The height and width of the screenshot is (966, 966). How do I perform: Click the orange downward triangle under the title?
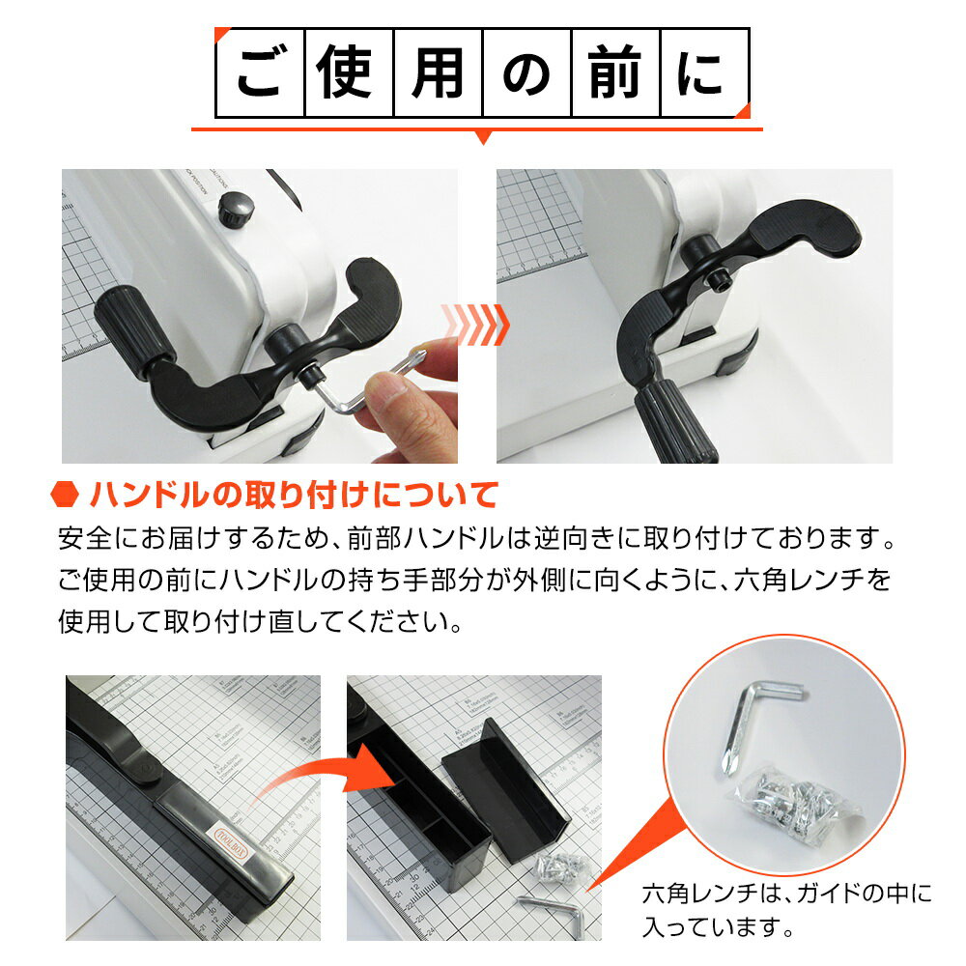click(483, 138)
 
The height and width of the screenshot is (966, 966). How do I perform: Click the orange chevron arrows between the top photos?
click(475, 325)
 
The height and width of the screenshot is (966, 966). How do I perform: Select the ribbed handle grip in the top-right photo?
click(676, 415)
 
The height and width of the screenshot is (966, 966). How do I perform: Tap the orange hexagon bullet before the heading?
click(65, 496)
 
